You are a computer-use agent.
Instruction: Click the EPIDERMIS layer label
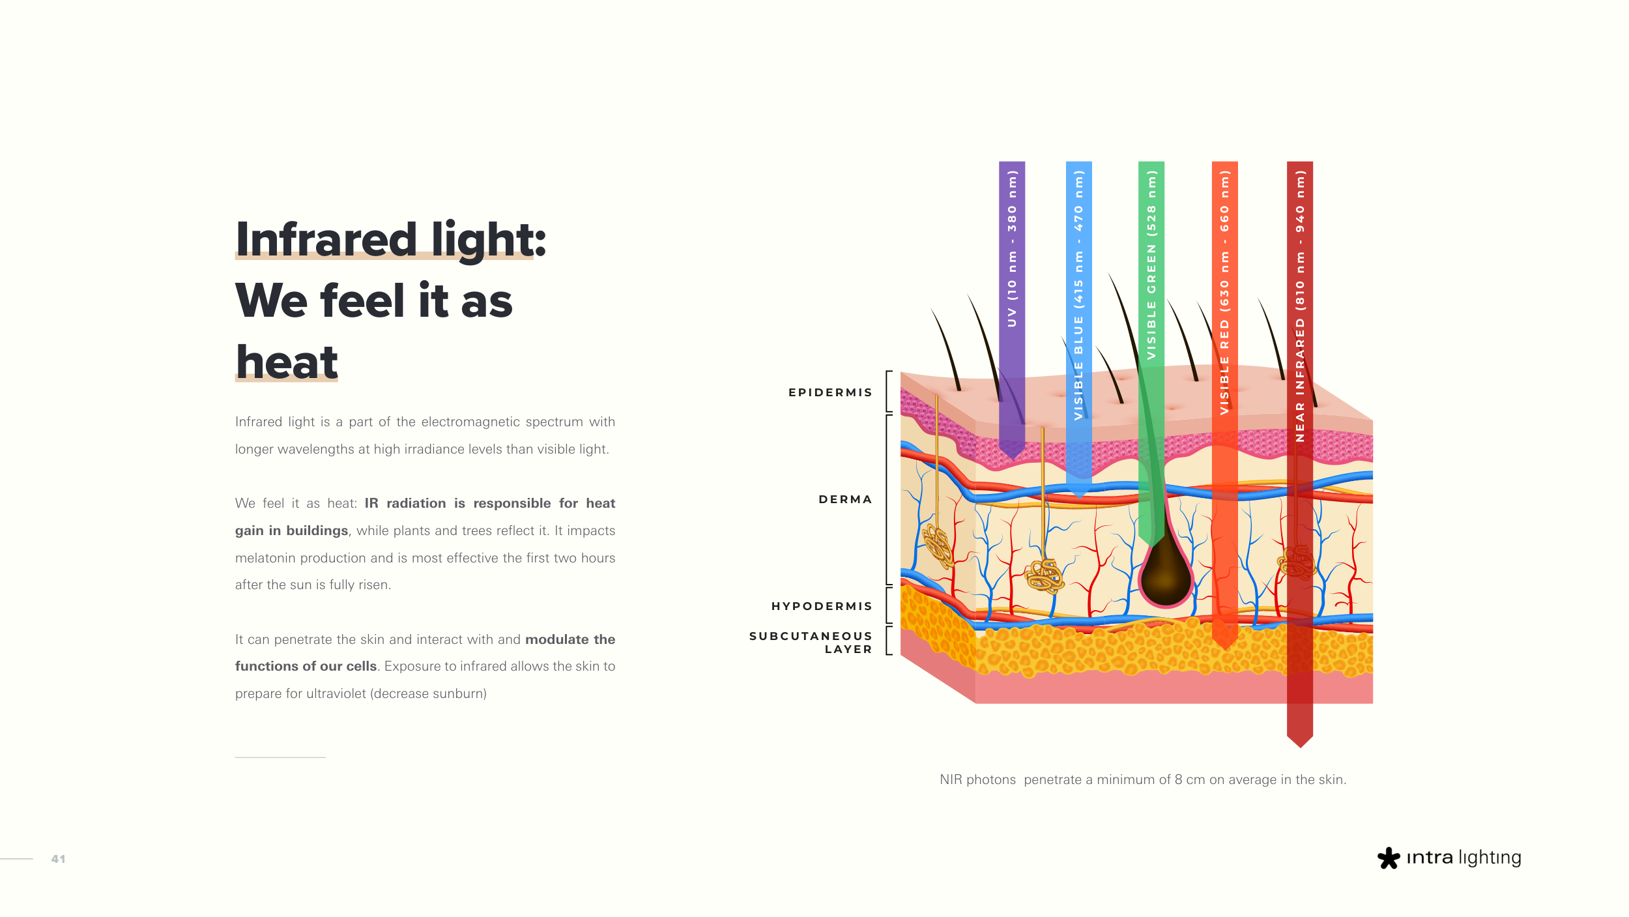pos(830,392)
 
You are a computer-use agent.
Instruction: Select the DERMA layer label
pos(845,499)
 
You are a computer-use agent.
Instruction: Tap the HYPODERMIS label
pos(822,606)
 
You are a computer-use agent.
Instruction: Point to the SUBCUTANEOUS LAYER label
pos(811,642)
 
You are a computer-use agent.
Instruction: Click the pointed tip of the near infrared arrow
pos(1300,747)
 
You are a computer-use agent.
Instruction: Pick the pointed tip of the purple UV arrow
pos(1012,459)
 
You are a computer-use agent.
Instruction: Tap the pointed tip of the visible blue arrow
pos(1079,498)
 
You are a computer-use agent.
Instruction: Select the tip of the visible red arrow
pos(1225,649)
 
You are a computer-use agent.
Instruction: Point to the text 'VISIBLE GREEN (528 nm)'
pos(1151,265)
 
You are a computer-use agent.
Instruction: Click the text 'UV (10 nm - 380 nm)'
pos(1012,248)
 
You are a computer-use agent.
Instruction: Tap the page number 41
pos(59,859)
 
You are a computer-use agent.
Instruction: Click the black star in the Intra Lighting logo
pos(1389,858)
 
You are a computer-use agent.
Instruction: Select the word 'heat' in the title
pos(287,362)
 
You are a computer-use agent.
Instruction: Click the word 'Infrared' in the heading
pos(326,239)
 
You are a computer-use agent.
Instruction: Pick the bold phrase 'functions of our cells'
pos(306,666)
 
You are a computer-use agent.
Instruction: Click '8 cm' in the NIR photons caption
pos(1190,779)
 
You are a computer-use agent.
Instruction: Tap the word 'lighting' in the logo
pos(1490,858)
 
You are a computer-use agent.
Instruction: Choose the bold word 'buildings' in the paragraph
pos(317,531)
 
